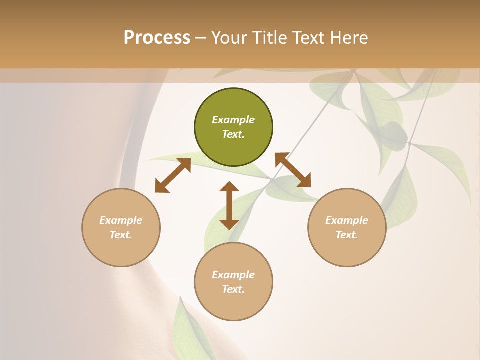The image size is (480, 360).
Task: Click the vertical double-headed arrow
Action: (229, 205)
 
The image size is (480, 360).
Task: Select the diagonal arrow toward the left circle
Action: (173, 175)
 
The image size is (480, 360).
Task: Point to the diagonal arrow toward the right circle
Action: (293, 170)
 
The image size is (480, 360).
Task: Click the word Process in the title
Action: (157, 38)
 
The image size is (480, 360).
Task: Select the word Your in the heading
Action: (228, 38)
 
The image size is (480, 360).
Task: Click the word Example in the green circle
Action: (233, 120)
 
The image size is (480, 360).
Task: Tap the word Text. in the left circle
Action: (121, 235)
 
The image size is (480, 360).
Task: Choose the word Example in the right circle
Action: (347, 220)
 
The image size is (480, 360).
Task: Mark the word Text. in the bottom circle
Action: (233, 289)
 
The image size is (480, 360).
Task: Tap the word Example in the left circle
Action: (121, 220)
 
